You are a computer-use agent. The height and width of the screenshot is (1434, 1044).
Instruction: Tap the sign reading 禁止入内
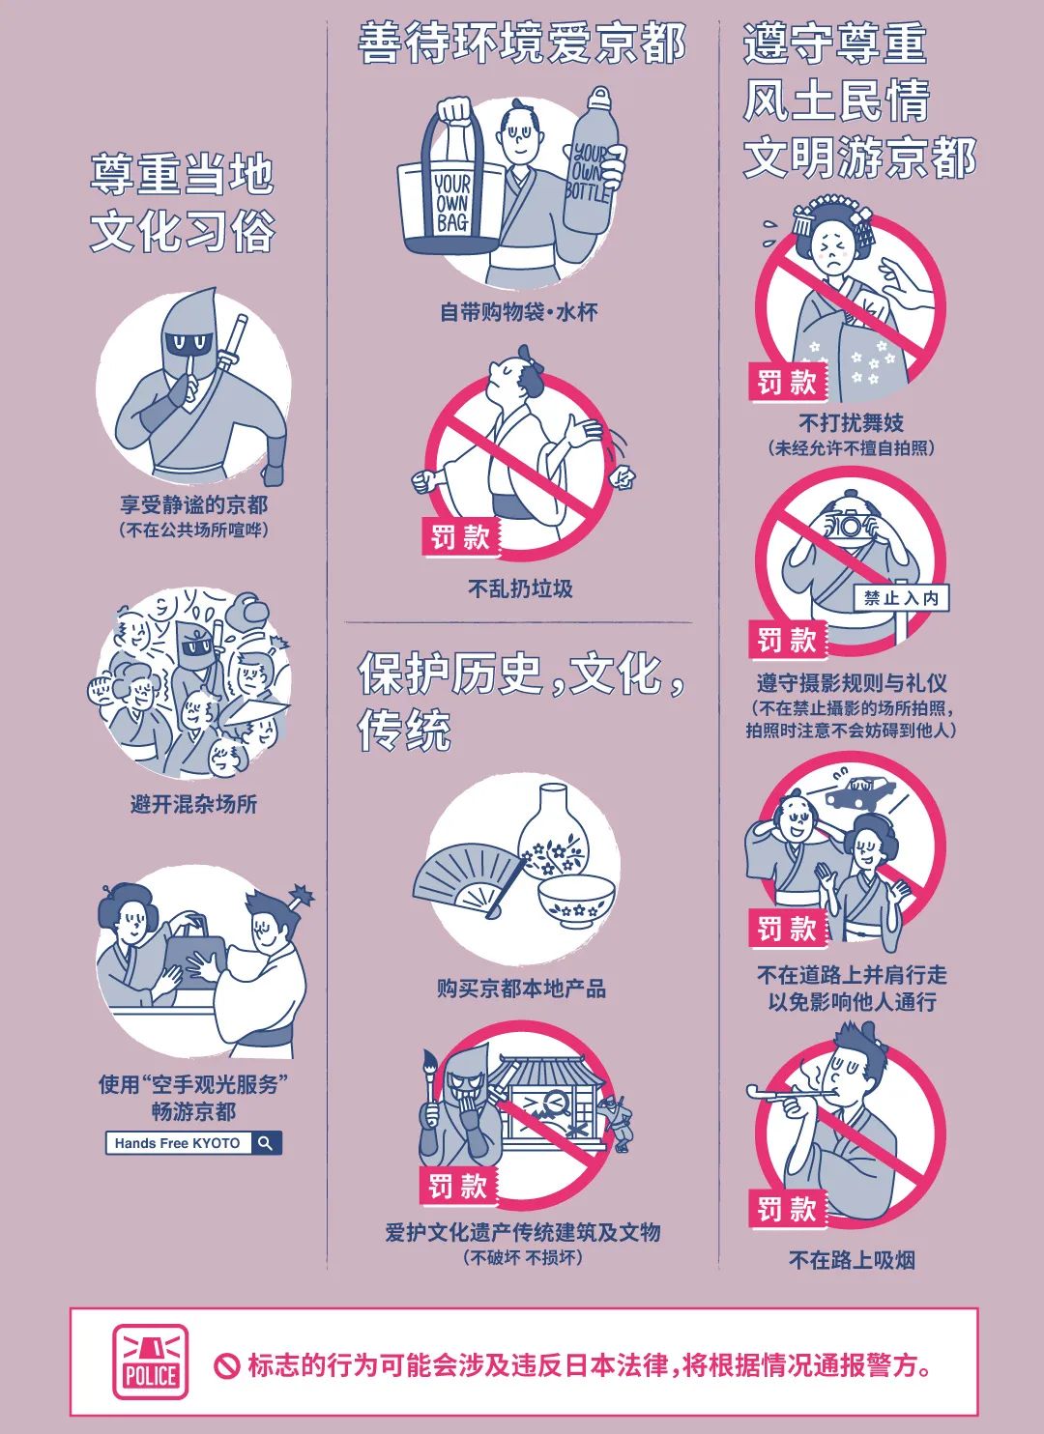(x=901, y=598)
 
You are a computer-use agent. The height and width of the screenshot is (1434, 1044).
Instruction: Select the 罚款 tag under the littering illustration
(x=460, y=536)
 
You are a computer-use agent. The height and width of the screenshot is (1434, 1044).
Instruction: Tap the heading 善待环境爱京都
(x=522, y=43)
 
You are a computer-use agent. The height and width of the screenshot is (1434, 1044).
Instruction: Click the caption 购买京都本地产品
(x=521, y=989)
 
